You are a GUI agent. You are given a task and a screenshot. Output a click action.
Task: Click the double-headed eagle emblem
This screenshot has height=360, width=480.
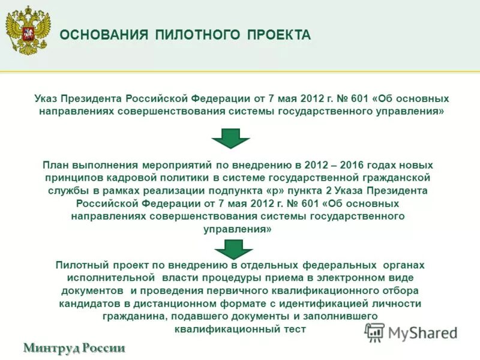pyautogui.click(x=28, y=31)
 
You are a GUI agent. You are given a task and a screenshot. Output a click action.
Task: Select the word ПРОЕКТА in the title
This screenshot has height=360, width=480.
pyautogui.click(x=279, y=35)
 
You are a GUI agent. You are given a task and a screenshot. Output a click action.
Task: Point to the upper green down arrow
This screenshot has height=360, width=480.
pyautogui.click(x=230, y=138)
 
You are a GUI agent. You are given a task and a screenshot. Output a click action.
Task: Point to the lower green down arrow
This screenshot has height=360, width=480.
pyautogui.click(x=233, y=248)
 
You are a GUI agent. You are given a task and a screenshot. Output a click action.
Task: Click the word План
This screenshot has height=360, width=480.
pyautogui.click(x=55, y=165)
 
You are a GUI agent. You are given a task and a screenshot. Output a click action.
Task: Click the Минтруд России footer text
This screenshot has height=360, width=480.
pyautogui.click(x=74, y=347)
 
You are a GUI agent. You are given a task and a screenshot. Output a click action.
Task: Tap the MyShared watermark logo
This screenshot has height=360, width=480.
pyautogui.click(x=410, y=332)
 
